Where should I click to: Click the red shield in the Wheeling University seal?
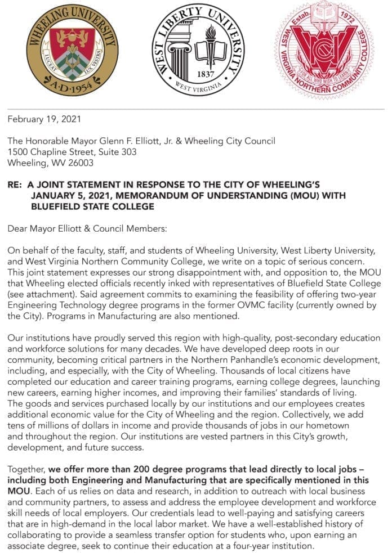coord(72,39)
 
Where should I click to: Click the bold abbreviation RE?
coord(15,185)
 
